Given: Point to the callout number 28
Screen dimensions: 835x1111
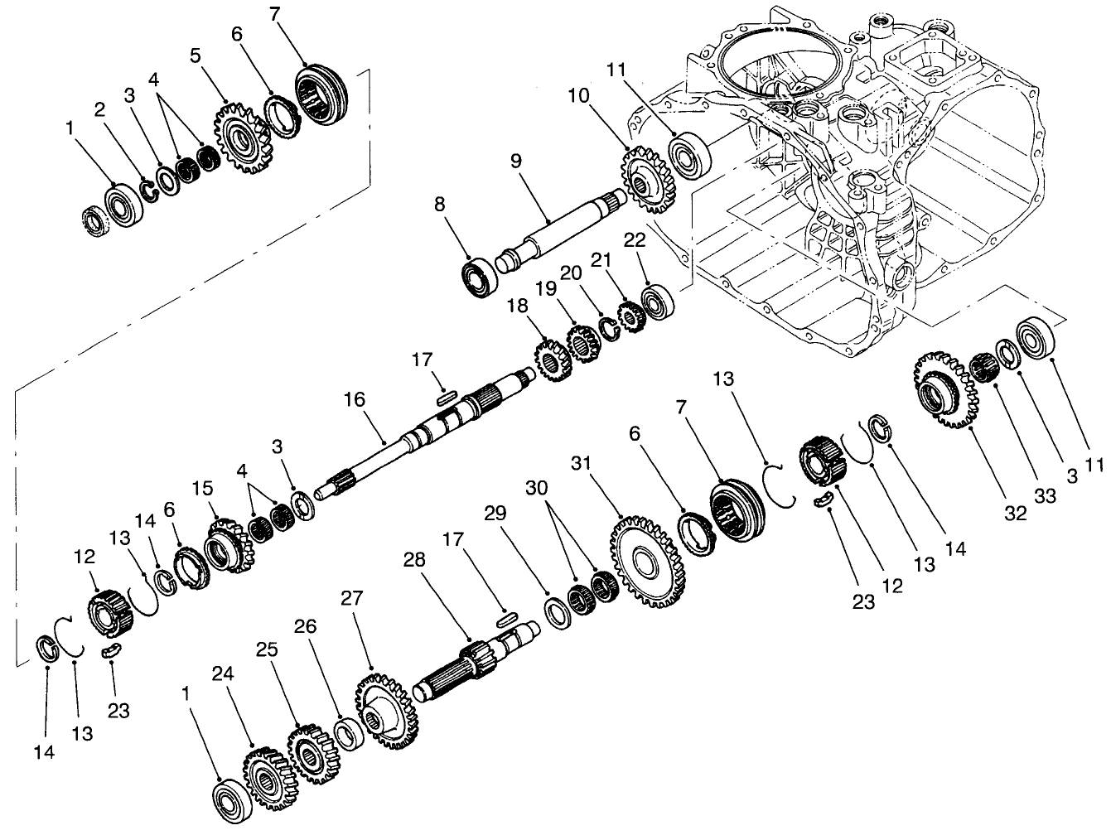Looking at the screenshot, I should click(x=414, y=560).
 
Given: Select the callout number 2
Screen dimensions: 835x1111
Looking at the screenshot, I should click(x=100, y=109).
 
